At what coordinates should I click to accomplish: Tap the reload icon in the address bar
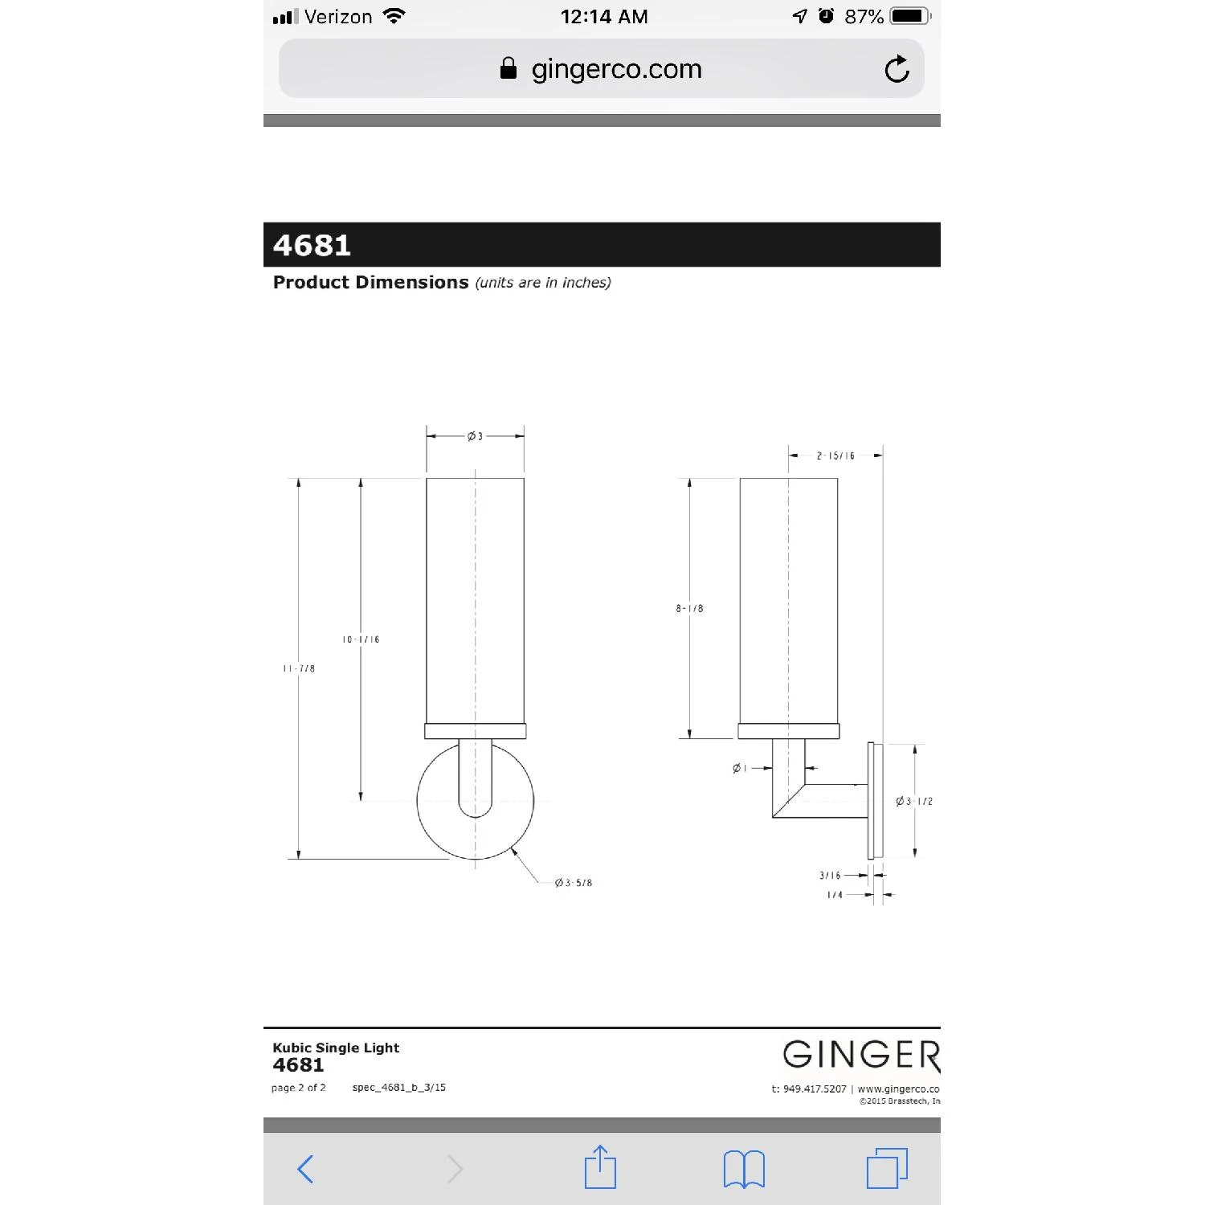click(x=897, y=69)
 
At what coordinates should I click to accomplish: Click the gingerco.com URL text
click(x=616, y=69)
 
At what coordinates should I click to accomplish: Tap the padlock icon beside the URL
click(x=508, y=68)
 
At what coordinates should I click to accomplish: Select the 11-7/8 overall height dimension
click(x=299, y=668)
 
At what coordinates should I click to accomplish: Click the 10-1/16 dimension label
click(x=361, y=639)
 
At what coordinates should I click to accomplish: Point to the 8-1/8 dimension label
click(x=689, y=608)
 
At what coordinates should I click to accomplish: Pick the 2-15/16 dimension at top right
click(x=835, y=455)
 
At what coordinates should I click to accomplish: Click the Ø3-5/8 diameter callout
click(x=574, y=883)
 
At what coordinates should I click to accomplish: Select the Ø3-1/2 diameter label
click(x=914, y=801)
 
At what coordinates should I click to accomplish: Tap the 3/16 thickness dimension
click(x=830, y=876)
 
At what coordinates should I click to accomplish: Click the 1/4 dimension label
click(x=835, y=895)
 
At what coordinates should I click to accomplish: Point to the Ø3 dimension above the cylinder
click(x=475, y=436)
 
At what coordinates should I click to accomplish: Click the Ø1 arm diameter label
click(x=740, y=769)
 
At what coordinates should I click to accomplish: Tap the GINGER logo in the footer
click(x=860, y=1055)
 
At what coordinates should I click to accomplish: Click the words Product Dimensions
click(x=370, y=283)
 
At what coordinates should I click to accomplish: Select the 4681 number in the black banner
click(x=312, y=245)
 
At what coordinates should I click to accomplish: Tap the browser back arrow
click(x=305, y=1168)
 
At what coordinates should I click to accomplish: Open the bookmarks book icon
click(x=744, y=1168)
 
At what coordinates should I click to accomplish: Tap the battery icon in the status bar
click(x=909, y=16)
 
